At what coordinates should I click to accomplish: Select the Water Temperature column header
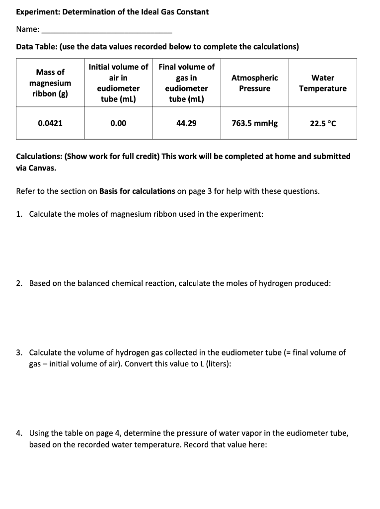coord(323,83)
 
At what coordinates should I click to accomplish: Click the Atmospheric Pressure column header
coord(255,83)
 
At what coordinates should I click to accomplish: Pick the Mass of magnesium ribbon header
coord(50,83)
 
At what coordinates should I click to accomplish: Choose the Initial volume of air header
coord(118,83)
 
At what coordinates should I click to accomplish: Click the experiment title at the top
coord(112,11)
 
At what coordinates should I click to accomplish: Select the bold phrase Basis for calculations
coord(137,191)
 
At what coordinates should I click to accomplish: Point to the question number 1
coord(19,214)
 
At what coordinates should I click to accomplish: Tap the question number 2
coord(19,283)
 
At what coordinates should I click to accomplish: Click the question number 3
coord(19,353)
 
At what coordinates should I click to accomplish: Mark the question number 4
coord(19,433)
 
